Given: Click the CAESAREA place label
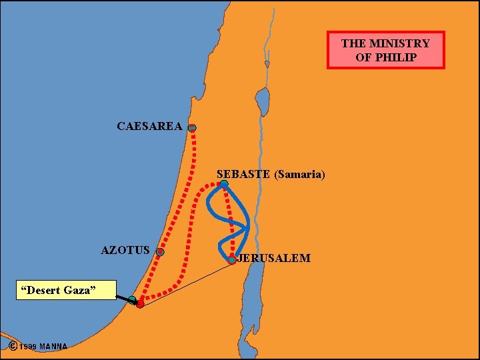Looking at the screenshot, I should tap(149, 126).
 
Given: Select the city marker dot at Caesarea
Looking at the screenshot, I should tap(192, 127).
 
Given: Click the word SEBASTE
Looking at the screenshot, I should tap(243, 175).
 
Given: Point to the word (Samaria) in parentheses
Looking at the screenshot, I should tap(299, 175).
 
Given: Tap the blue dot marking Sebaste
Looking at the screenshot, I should tap(224, 184).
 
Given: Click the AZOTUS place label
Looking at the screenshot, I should tap(125, 251).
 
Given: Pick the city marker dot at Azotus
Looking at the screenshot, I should tap(160, 252).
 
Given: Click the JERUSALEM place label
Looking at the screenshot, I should tap(274, 258).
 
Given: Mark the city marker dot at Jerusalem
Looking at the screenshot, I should tap(232, 260).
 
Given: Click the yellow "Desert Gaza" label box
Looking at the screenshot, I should tap(65, 290).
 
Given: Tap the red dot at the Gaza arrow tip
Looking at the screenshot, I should tap(140, 304).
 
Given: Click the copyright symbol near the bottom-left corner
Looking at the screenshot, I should tap(13, 345).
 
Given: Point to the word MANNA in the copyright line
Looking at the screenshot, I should tap(53, 346).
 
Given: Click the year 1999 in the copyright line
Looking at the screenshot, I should tap(28, 346).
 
